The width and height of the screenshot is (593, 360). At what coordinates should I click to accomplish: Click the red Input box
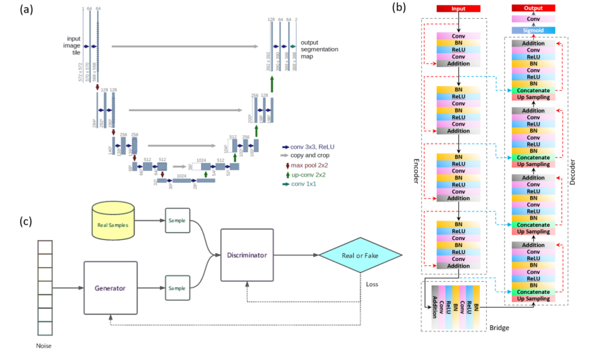point(458,8)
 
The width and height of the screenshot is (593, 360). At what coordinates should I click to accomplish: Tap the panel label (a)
point(10,9)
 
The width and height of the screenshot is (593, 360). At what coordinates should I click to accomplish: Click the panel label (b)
point(399,8)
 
